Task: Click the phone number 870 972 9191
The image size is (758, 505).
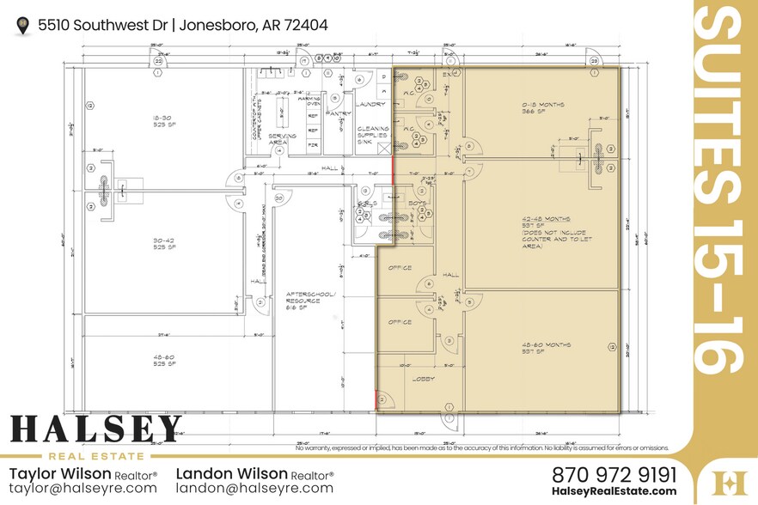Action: coord(614,474)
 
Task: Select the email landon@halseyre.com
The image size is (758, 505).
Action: coord(254,488)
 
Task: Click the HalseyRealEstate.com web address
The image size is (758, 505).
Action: coord(614,491)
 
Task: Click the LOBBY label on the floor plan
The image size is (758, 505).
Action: coord(424,379)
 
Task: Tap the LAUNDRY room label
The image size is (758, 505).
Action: coord(372,105)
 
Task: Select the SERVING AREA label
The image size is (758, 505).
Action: coord(284,139)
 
